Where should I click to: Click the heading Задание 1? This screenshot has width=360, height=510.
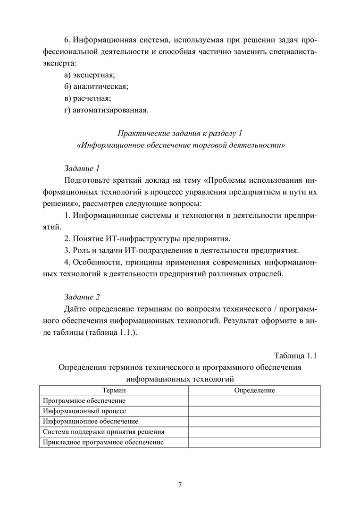(x=82, y=168)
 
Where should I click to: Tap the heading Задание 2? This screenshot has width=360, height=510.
(x=82, y=297)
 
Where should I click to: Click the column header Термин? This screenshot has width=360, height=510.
(x=114, y=390)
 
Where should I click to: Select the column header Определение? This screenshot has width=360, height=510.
(x=254, y=390)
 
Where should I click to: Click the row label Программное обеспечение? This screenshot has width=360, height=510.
(x=84, y=401)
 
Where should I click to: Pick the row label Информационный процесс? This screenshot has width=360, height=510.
(x=84, y=411)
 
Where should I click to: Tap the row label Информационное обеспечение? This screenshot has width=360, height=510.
(x=90, y=421)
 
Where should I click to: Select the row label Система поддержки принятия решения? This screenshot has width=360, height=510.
(x=103, y=432)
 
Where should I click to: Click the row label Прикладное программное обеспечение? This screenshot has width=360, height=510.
(x=103, y=442)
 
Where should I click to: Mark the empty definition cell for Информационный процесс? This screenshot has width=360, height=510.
(x=254, y=411)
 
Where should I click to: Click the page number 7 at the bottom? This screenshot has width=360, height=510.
(x=180, y=485)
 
